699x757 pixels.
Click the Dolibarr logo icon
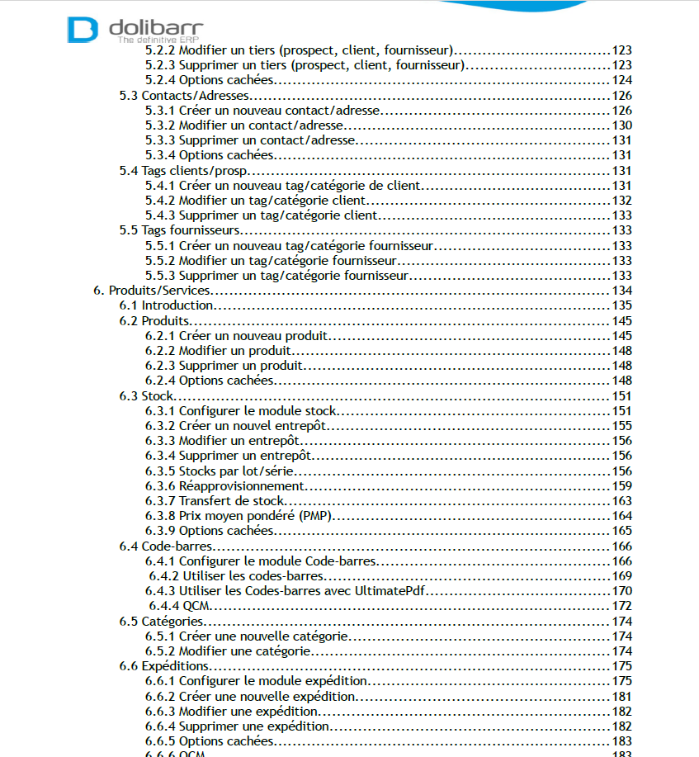click(83, 29)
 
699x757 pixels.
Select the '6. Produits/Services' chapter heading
click(152, 291)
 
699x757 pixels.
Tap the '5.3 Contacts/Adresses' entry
click(184, 96)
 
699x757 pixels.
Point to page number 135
click(621, 305)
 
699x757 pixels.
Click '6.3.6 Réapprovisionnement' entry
click(236, 485)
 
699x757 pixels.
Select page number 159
click(621, 485)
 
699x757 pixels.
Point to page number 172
click(621, 606)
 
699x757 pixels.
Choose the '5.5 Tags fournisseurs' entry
click(180, 230)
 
